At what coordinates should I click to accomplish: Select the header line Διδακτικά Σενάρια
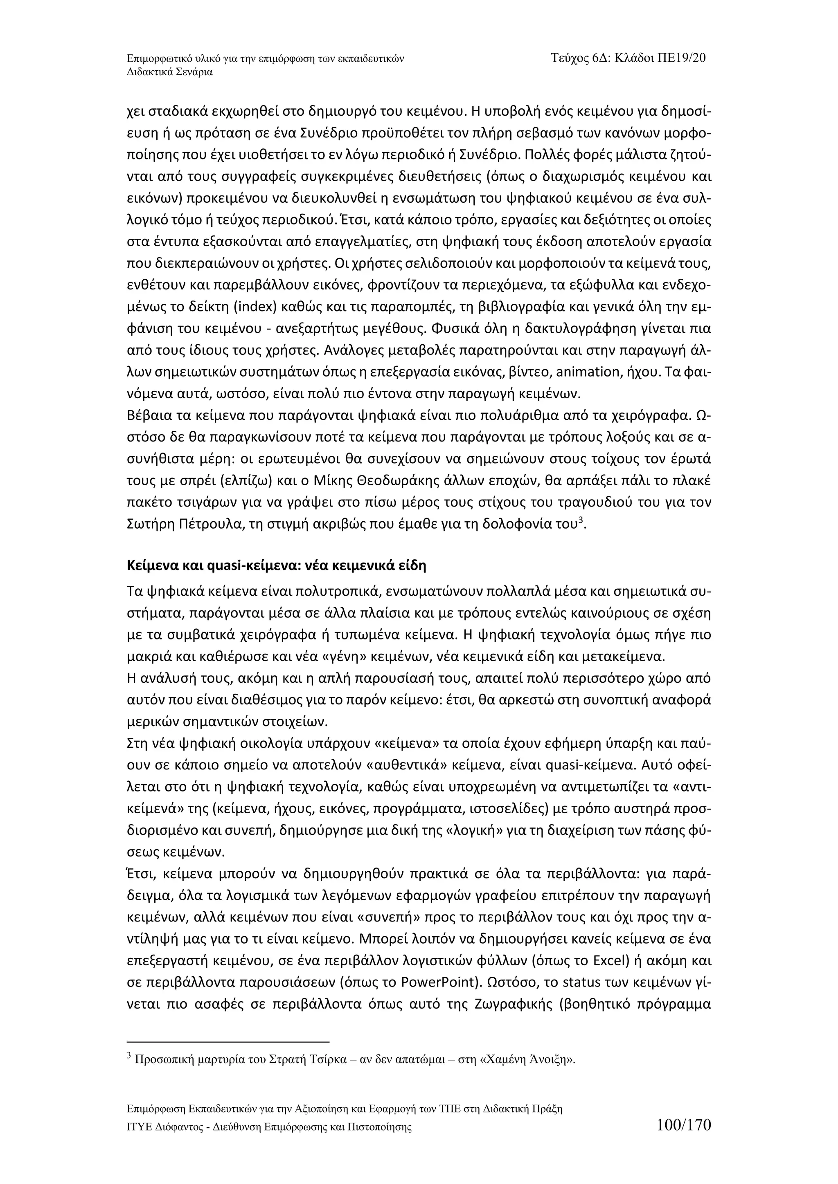[170, 72]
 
